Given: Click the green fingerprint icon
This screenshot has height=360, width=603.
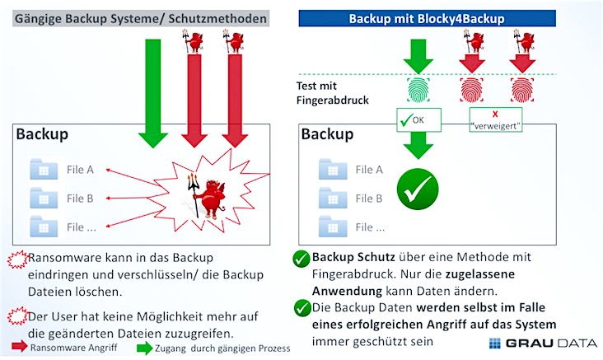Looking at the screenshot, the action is [x=418, y=90].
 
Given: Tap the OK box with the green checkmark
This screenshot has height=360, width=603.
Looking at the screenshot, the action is [x=418, y=120].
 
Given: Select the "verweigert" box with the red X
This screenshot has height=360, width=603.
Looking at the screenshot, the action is [x=496, y=119].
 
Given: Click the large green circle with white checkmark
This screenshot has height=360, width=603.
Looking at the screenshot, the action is [x=418, y=189].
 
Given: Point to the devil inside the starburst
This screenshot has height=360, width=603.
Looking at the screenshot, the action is [x=208, y=197].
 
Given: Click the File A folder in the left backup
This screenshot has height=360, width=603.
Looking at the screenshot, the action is [x=44, y=169].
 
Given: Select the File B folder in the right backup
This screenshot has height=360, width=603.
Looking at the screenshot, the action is [x=333, y=198].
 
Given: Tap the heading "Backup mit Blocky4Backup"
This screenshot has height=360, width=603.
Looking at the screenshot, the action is [x=427, y=18].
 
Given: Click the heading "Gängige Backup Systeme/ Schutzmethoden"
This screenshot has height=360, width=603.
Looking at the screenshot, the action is [x=141, y=18].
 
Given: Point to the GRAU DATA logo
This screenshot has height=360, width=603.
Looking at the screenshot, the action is [x=543, y=343].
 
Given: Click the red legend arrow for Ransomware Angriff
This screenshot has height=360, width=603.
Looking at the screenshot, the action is [x=19, y=346].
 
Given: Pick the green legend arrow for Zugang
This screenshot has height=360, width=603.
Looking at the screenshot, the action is [x=145, y=348].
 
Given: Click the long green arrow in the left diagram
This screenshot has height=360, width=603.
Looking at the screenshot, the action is [x=153, y=93].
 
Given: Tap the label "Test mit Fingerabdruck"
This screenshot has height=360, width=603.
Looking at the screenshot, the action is [x=332, y=93].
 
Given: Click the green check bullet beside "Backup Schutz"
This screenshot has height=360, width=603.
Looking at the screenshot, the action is [x=301, y=259].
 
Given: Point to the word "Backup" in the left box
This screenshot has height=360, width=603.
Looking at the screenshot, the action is [x=42, y=133].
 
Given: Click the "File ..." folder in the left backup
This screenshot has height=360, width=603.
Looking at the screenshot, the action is [x=44, y=227].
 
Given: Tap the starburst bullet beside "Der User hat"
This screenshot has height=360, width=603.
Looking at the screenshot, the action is [x=17, y=316].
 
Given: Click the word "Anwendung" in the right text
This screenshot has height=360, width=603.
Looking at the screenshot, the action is [x=347, y=291].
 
